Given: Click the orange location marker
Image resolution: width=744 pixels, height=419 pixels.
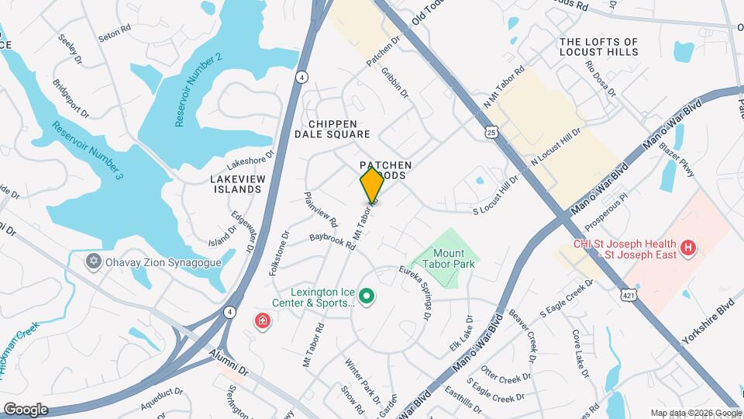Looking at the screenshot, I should [x=372, y=185].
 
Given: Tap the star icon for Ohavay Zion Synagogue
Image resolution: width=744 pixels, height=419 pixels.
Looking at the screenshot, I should [x=94, y=261].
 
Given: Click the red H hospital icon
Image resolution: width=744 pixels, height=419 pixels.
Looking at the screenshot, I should [x=687, y=249].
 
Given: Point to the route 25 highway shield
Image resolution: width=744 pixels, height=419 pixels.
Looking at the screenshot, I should [x=491, y=133].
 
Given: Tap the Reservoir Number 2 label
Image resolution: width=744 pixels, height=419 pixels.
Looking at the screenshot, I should [x=199, y=90].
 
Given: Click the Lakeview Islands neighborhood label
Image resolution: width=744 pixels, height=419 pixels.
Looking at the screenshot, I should [x=236, y=184].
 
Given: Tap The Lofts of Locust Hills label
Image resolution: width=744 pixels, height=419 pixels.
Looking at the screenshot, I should [x=598, y=47].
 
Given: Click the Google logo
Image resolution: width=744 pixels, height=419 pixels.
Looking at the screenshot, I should [x=26, y=409].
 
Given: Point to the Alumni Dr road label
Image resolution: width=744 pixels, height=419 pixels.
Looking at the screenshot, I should [x=227, y=358].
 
